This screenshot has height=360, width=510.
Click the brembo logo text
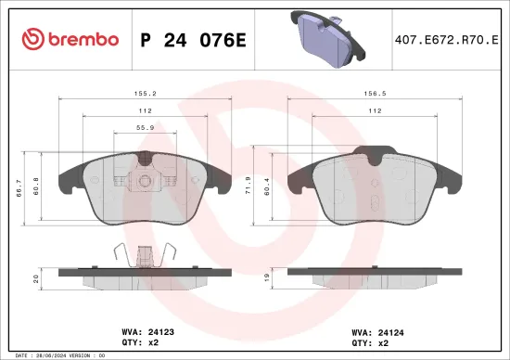coord(70,39)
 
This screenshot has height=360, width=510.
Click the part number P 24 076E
coord(191,39)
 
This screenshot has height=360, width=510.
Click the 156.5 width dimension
coord(374,94)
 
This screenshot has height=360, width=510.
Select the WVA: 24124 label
coord(373,329)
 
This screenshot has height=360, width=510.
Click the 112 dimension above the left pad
coord(145,109)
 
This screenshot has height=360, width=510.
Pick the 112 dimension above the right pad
coord(374,109)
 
